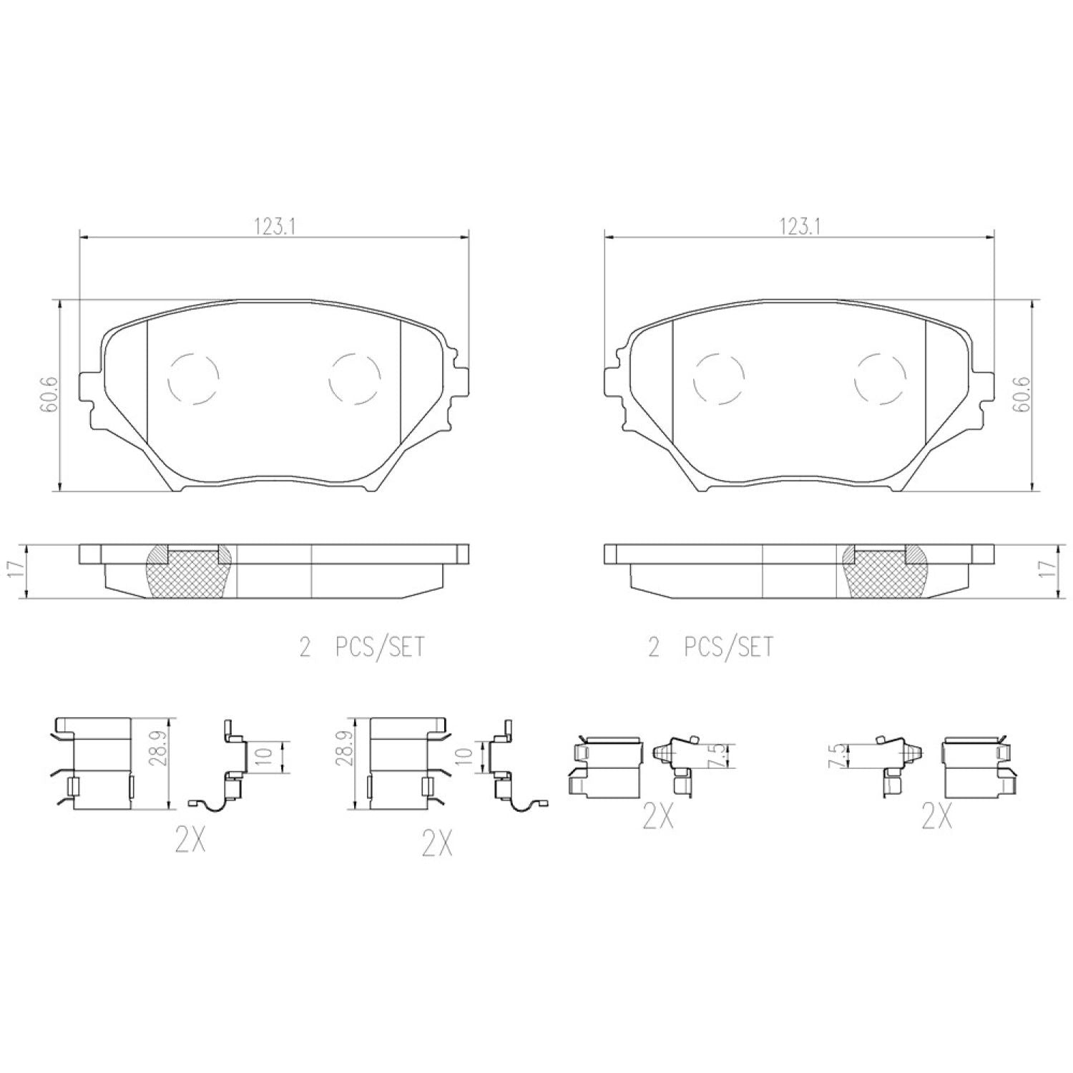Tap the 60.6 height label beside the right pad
coord(1022,395)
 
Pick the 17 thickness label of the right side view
coord(1051,570)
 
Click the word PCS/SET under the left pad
coord(380,647)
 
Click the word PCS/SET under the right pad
coord(729,647)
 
